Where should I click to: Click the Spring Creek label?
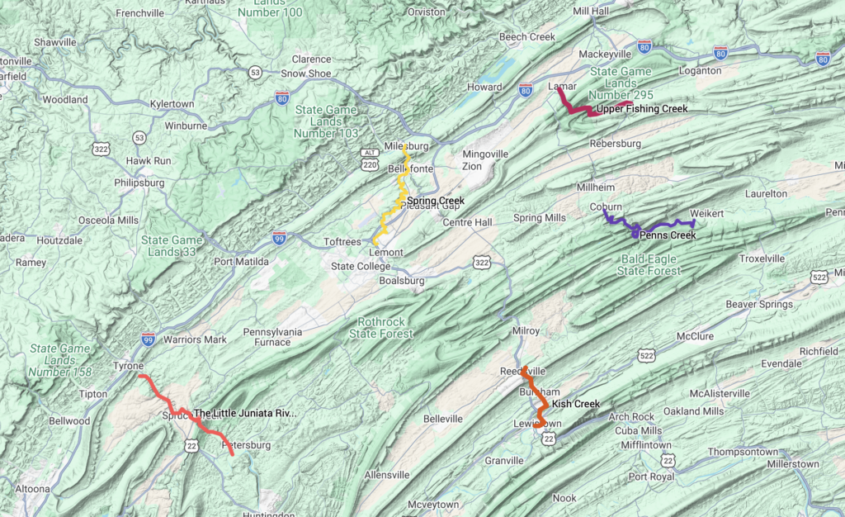436,201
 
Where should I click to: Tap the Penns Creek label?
668,235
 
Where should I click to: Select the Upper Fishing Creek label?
641,109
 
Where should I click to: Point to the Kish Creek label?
575,404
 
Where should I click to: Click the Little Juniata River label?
243,413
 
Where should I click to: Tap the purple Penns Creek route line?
660,225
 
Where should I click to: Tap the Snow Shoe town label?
306,74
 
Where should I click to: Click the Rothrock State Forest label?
389,329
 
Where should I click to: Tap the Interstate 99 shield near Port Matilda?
280,238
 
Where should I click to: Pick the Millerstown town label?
793,465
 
